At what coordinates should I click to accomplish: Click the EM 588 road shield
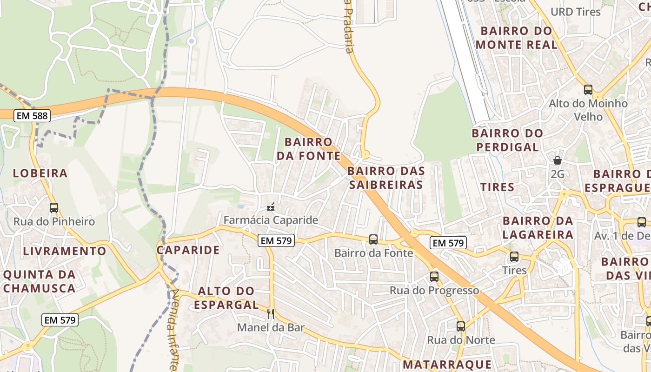32,116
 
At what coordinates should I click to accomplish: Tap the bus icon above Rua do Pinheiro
54,208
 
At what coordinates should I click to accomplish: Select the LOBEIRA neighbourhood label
40,173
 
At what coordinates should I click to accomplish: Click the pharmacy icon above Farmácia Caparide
271,207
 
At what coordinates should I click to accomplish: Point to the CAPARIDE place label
188,250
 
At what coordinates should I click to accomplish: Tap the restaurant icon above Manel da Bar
271,314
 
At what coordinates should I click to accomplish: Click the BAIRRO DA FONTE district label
309,149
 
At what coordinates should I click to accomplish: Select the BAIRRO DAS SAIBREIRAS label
386,178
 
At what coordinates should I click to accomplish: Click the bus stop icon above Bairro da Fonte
373,239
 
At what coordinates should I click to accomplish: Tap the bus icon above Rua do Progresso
434,277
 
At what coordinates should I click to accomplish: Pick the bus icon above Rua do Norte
461,326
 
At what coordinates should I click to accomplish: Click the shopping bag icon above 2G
557,161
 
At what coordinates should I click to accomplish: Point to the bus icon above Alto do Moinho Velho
588,90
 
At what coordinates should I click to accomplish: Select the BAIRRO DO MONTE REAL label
517,38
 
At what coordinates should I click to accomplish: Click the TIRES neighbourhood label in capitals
497,187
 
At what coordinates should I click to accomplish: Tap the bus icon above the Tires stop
514,257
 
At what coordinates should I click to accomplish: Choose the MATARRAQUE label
447,364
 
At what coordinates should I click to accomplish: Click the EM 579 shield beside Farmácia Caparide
277,241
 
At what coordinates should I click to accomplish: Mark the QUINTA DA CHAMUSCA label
39,281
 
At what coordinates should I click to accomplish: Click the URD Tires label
576,12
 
